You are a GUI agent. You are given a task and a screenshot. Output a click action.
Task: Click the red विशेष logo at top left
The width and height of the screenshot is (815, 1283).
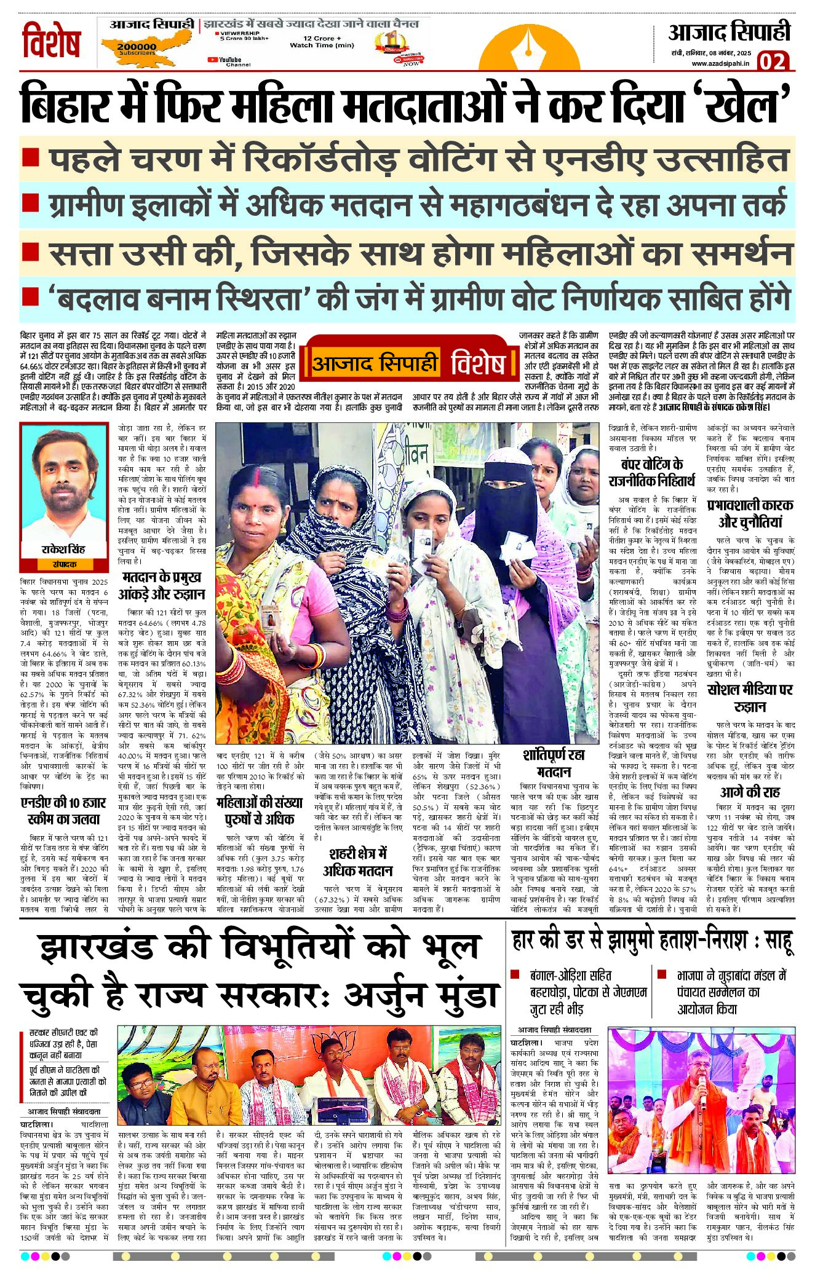click(51, 41)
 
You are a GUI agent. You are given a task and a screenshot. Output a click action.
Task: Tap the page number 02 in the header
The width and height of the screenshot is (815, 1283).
click(773, 61)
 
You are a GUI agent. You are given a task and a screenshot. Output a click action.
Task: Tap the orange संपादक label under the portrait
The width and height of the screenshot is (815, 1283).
click(64, 564)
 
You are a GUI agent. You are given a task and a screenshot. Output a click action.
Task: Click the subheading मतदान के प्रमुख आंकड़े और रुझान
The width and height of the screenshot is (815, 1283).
click(162, 585)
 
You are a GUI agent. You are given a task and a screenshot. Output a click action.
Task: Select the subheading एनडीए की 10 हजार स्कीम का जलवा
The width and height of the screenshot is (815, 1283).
click(64, 811)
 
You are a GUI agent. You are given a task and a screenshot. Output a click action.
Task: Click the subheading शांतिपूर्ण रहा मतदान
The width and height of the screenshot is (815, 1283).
click(554, 763)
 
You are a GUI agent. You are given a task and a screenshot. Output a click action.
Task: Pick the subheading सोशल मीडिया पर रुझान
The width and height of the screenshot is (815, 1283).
click(750, 697)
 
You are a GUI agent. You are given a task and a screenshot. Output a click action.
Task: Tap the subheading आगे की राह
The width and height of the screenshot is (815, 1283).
click(750, 792)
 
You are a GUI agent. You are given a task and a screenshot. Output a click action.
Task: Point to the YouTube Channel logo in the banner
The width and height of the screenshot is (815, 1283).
click(229, 61)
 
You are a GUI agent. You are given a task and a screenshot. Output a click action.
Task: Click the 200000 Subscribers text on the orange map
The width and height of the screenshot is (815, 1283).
click(137, 48)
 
